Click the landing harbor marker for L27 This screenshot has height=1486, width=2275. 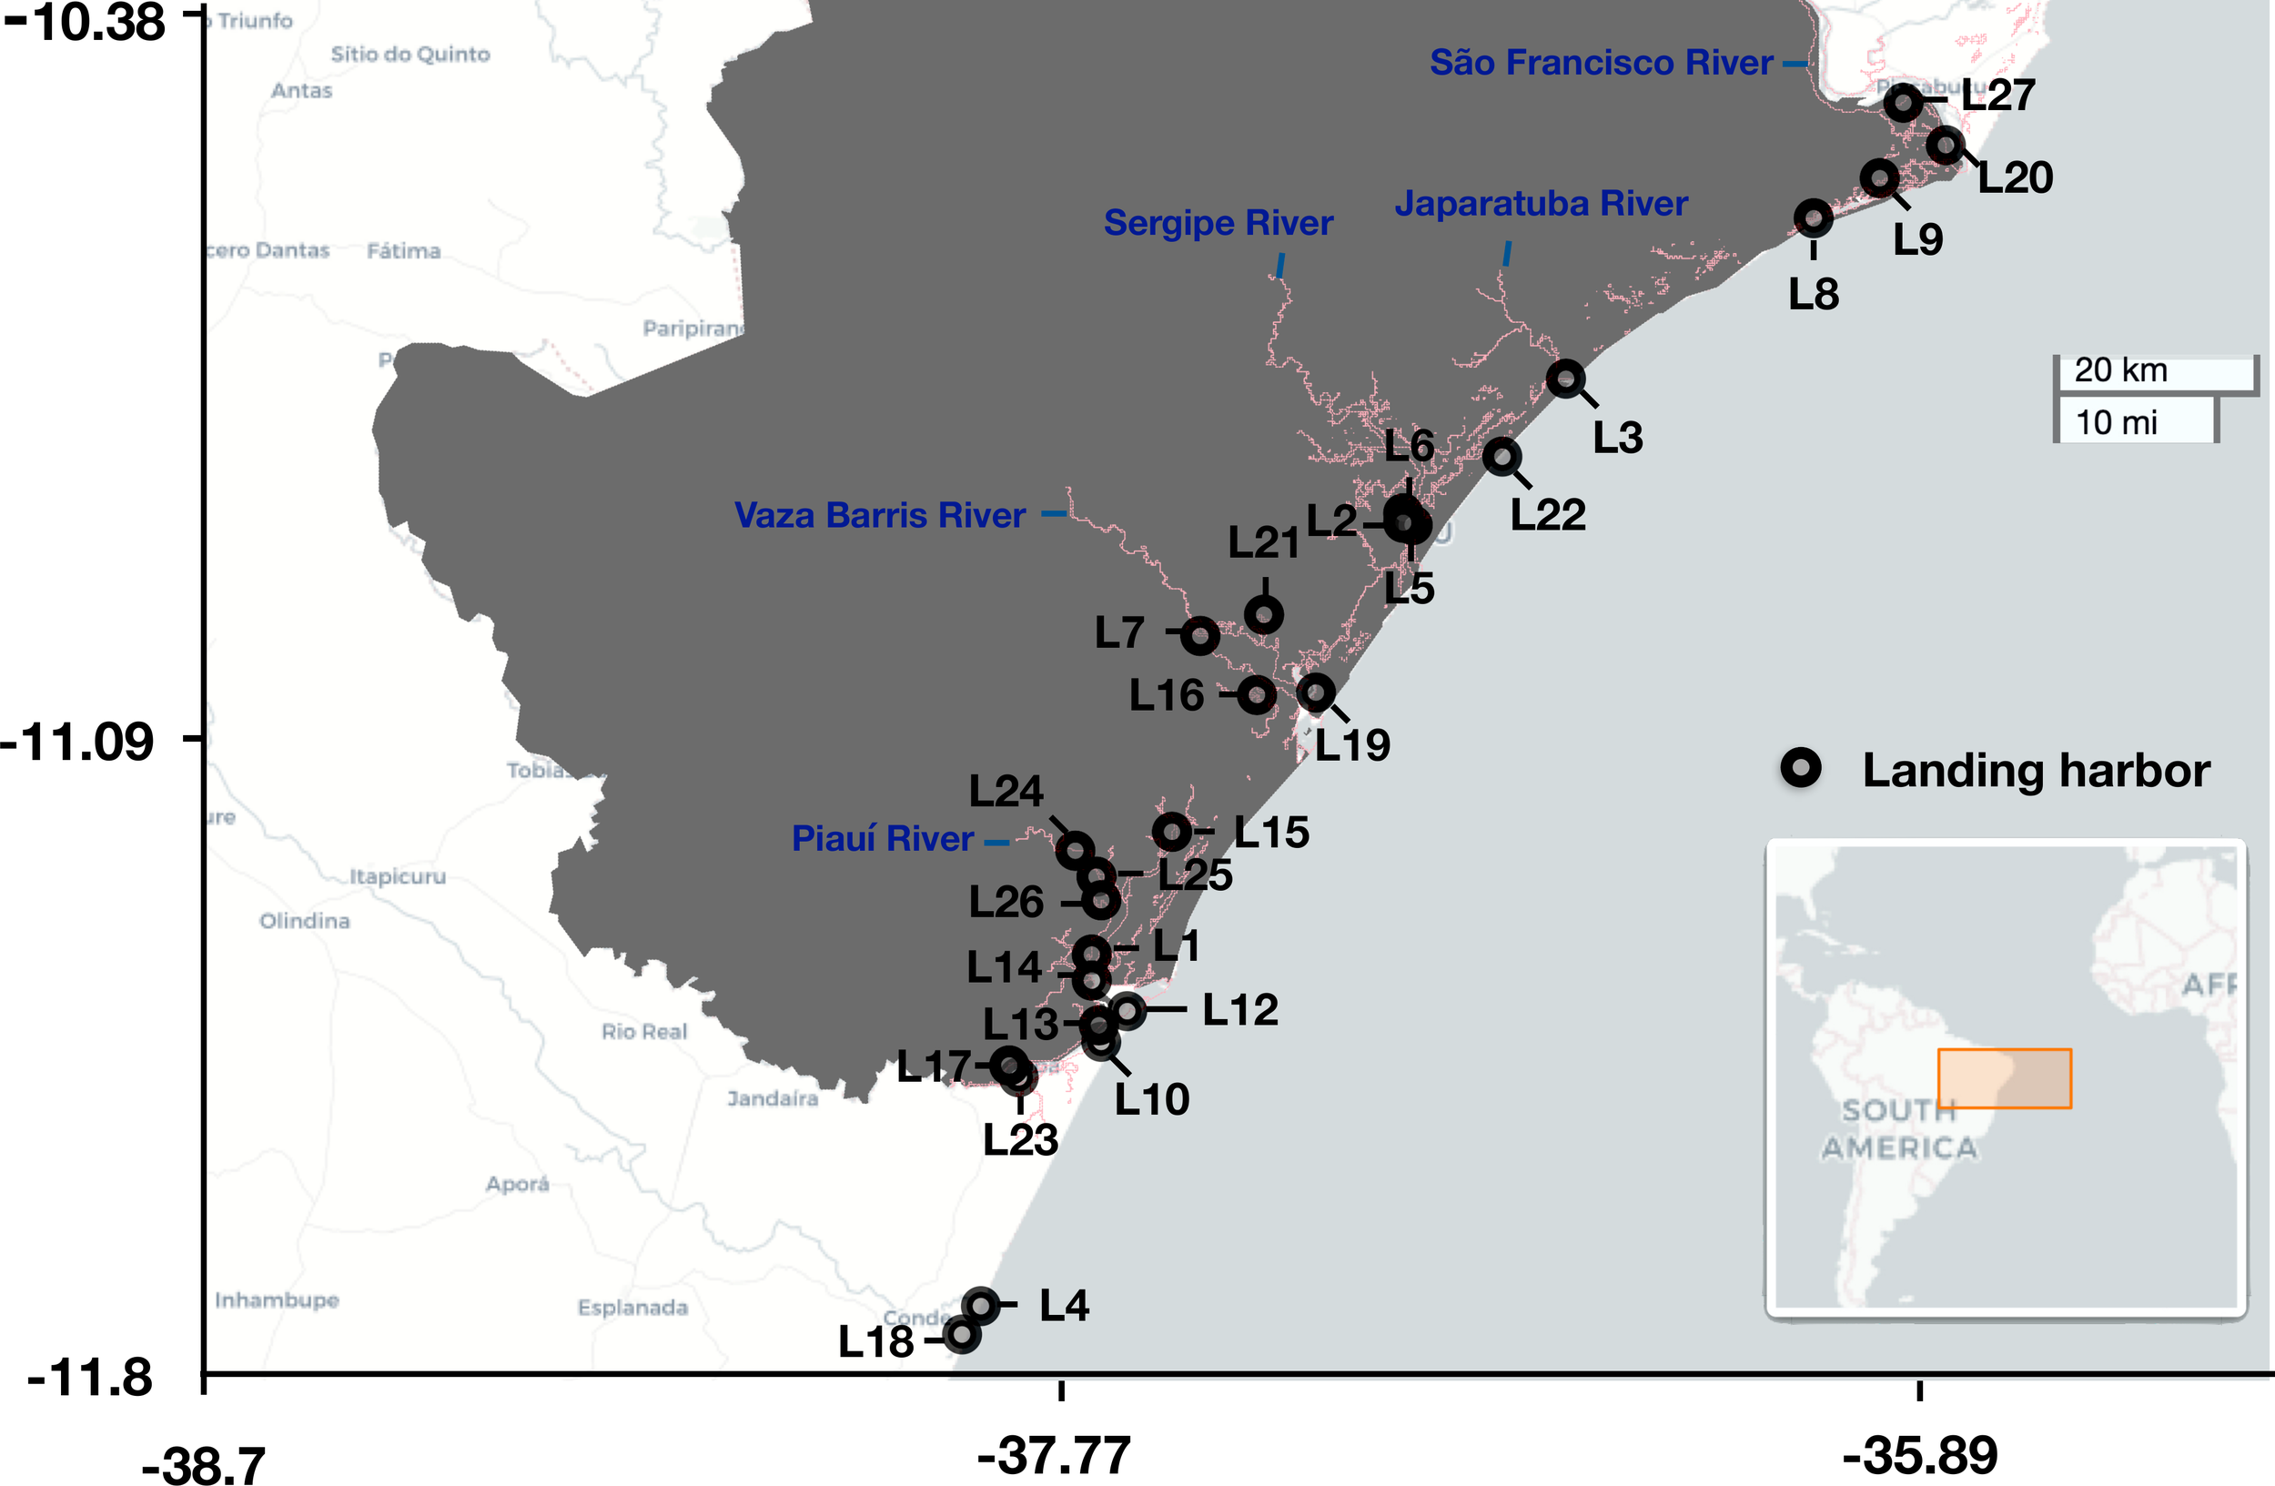point(1903,102)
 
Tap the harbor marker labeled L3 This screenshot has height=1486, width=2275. point(1565,379)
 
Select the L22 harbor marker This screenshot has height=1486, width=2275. point(1501,457)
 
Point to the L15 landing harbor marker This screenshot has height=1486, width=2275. point(1172,833)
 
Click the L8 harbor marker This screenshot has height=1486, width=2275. point(1814,218)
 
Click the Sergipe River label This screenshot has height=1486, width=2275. point(1218,223)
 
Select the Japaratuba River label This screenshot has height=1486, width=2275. point(1541,204)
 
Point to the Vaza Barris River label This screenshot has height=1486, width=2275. point(879,515)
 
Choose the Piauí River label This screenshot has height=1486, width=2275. point(883,839)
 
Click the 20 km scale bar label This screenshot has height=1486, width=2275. point(2120,370)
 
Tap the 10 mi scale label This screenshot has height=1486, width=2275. point(2116,422)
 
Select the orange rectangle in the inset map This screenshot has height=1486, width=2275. point(2005,1079)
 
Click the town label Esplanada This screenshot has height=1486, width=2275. point(632,1308)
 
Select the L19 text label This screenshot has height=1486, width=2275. point(1352,745)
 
